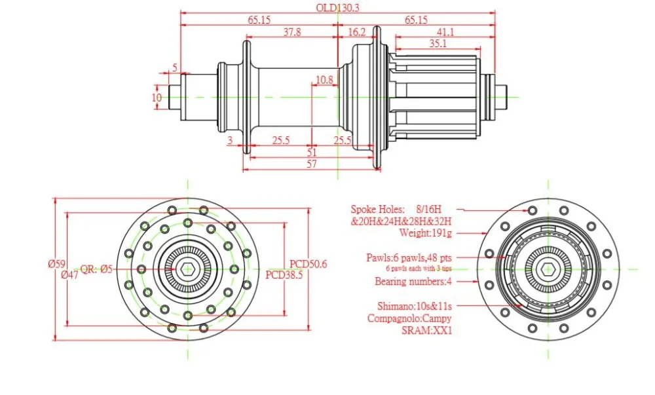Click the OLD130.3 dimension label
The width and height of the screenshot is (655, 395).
pos(337,7)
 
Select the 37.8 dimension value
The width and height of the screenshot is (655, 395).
pos(292,31)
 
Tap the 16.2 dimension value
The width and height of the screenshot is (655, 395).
pos(356,32)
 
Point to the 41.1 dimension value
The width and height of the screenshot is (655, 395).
pos(445,32)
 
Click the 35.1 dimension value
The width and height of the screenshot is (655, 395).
pos(438,43)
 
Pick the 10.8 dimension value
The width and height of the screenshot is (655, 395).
pos(324,79)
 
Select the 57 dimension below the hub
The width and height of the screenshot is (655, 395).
pos(312,164)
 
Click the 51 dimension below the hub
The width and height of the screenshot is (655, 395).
pos(312,153)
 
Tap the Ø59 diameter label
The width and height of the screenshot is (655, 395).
pos(57,264)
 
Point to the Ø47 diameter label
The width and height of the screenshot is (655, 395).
pos(69,274)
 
